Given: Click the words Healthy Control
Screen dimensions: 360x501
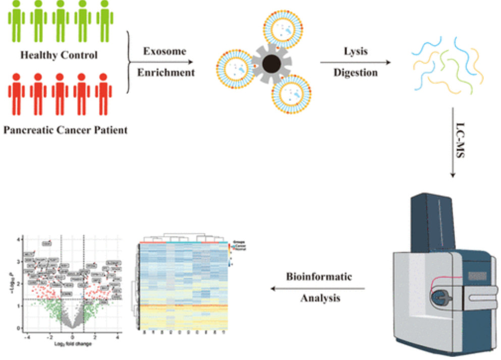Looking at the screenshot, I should pyautogui.click(x=59, y=55).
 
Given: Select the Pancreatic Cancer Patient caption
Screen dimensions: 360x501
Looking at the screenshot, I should pyautogui.click(x=66, y=131).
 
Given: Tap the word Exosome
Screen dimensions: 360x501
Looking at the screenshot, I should pyautogui.click(x=164, y=51).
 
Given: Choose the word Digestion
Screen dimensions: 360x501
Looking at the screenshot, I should pyautogui.click(x=355, y=72).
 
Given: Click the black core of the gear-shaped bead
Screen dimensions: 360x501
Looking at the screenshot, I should pyautogui.click(x=272, y=64).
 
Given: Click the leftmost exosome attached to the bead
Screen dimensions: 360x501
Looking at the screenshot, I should pyautogui.click(x=234, y=67).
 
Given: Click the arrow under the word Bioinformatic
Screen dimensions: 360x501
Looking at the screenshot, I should pyautogui.click(x=318, y=288).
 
